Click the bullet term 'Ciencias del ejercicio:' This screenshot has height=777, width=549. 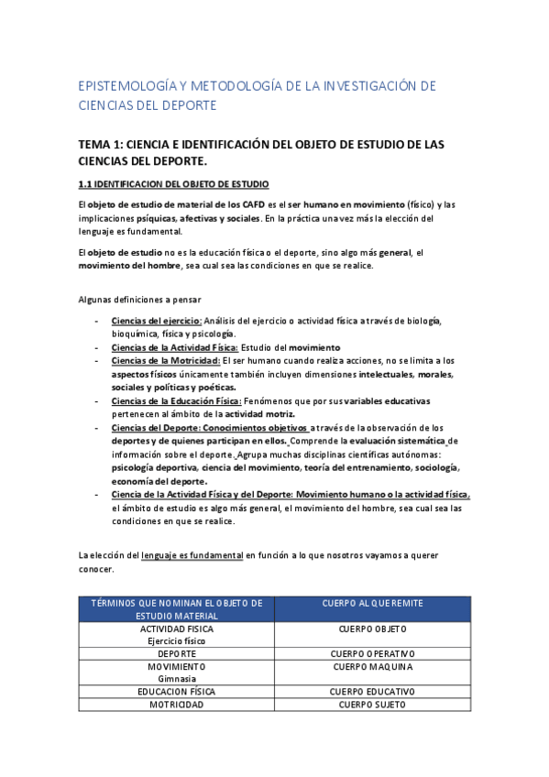tap(156, 321)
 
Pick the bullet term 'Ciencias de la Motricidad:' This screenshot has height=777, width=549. tap(166, 360)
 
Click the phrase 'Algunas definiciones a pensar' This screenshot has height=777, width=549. tap(140, 300)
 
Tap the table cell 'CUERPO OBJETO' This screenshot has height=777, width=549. tap(372, 629)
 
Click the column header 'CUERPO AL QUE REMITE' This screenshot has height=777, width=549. tap(372, 603)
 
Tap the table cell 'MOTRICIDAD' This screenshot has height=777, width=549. tap(177, 705)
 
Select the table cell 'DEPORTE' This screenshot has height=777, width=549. tap(177, 653)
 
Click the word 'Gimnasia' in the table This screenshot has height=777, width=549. tap(177, 679)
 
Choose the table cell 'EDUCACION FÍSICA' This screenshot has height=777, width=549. tap(177, 692)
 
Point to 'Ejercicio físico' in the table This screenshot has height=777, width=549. tap(177, 640)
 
